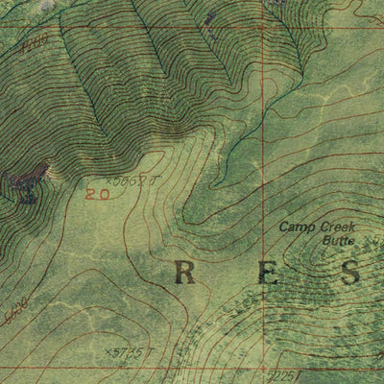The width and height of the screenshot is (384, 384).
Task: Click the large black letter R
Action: [185, 274]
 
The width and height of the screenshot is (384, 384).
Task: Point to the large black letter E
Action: [269, 274]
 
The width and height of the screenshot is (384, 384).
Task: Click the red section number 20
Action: [94, 194]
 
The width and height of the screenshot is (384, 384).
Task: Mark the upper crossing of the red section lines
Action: [260, 26]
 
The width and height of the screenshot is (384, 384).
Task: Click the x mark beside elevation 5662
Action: [110, 180]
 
